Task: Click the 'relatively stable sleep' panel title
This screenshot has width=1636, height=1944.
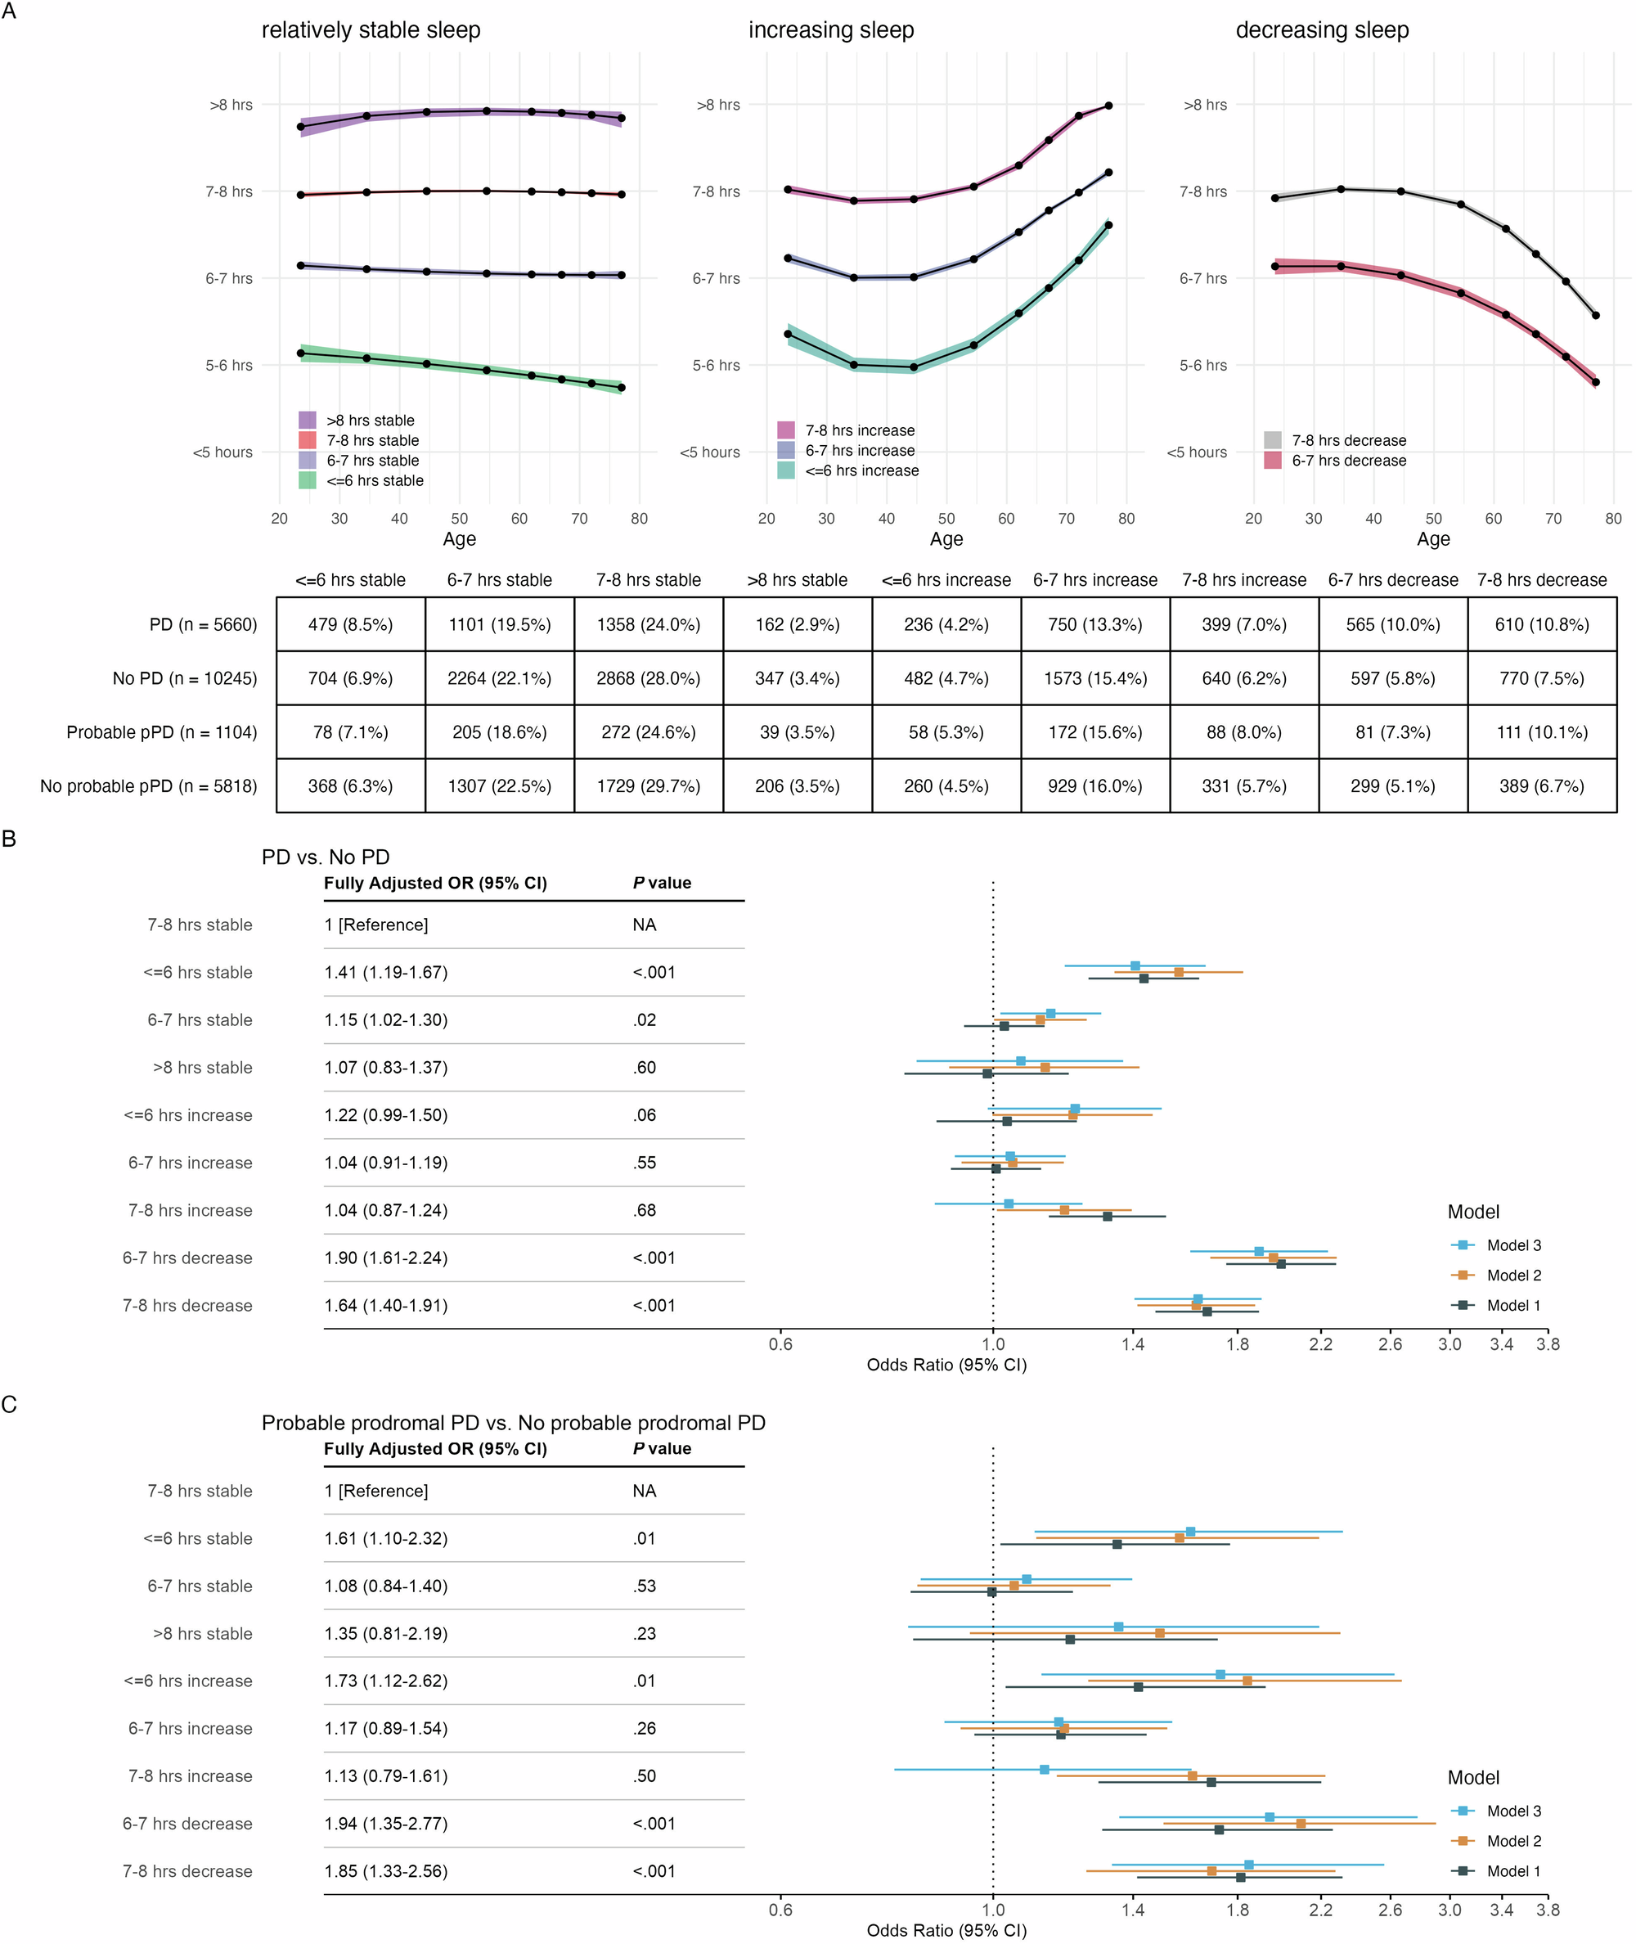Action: pyautogui.click(x=371, y=30)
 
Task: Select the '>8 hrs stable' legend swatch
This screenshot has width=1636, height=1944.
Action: pyautogui.click(x=307, y=421)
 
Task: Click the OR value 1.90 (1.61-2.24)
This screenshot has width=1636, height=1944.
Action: pyautogui.click(x=386, y=1258)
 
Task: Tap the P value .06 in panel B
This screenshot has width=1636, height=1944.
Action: pyautogui.click(x=645, y=1116)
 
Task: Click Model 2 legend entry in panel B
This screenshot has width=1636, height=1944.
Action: pyautogui.click(x=1512, y=1276)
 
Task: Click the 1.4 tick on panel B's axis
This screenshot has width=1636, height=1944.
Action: pyautogui.click(x=1131, y=1345)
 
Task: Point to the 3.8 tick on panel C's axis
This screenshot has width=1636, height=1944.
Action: pyautogui.click(x=1547, y=1910)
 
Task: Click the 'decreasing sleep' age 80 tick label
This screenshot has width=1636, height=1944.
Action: pyautogui.click(x=1613, y=520)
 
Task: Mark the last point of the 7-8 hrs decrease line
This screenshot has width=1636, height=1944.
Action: pyautogui.click(x=1595, y=315)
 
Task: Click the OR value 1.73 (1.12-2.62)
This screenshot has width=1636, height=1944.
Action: pyautogui.click(x=386, y=1681)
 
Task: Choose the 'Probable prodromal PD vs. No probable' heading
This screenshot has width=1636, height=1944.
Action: pyautogui.click(x=513, y=1423)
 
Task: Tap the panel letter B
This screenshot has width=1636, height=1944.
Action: pyautogui.click(x=9, y=839)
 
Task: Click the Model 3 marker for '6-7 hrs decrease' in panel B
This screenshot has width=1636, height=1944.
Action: pyautogui.click(x=1259, y=1251)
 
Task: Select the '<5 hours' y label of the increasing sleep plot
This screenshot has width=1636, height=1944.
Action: pyautogui.click(x=709, y=452)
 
